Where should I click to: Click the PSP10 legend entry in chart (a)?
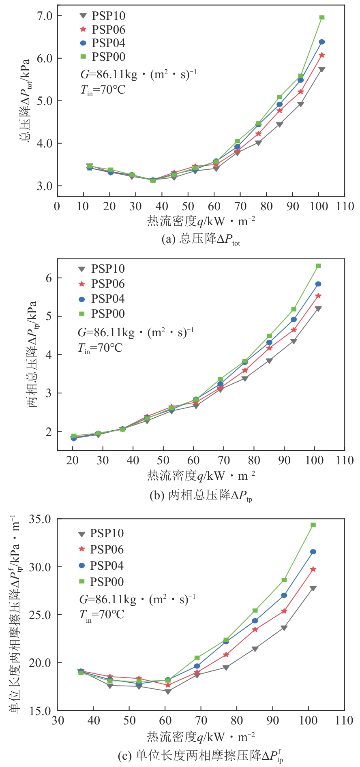click(x=102, y=16)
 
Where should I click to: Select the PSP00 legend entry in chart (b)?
click(x=101, y=314)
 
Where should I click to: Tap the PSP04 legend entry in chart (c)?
click(x=101, y=566)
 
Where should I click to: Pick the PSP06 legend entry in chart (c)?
click(x=101, y=549)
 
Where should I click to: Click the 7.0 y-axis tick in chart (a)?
click(x=44, y=16)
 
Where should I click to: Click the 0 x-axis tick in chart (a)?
click(x=57, y=206)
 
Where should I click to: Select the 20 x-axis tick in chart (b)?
click(x=73, y=460)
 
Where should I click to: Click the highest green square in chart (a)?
click(x=322, y=17)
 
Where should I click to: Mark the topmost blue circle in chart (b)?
click(x=318, y=284)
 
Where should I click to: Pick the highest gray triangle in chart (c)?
click(x=313, y=588)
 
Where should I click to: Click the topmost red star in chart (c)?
click(x=313, y=569)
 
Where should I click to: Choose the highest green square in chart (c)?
click(x=313, y=525)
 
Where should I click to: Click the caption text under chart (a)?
click(x=201, y=239)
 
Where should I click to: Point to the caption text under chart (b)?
click(x=201, y=495)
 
